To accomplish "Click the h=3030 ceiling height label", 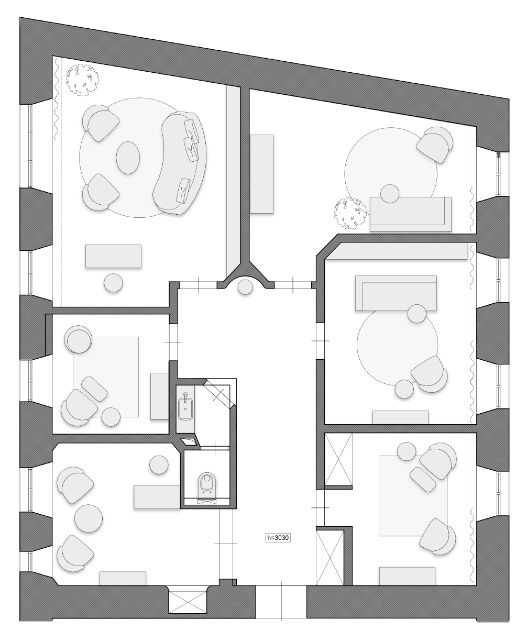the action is [278, 538].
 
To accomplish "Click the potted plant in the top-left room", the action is [82, 80].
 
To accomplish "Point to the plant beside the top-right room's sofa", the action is [350, 213].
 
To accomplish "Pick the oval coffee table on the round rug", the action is [128, 158].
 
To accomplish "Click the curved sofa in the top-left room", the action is [180, 163].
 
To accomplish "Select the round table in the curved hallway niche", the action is [245, 287].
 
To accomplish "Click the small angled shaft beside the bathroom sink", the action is [190, 441].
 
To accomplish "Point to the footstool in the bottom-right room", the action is [423, 479].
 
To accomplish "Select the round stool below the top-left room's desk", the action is [113, 283].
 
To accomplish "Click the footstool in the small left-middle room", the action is [94, 389].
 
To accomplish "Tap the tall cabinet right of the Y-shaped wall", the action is [262, 174].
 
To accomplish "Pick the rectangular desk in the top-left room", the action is [113, 256].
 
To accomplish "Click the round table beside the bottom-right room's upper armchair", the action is [407, 451].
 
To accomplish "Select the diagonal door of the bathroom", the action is [219, 393].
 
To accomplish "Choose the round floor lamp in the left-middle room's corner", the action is [79, 339].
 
